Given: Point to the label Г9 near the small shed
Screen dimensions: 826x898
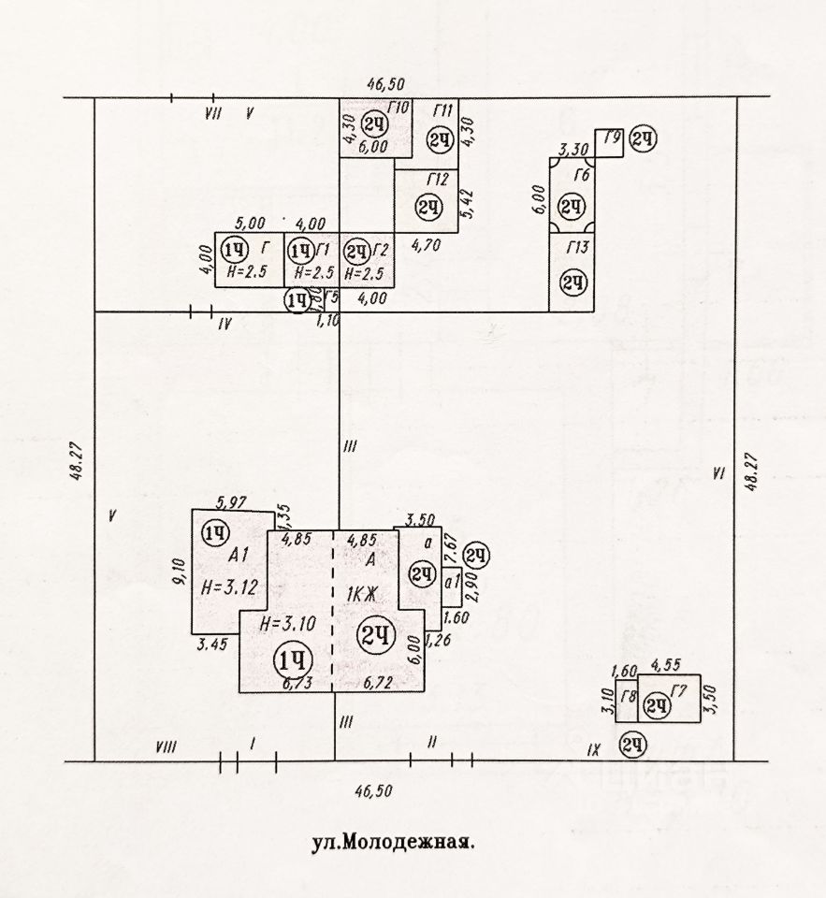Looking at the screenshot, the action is click(x=613, y=140).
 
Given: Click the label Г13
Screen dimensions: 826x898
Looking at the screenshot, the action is click(x=578, y=247).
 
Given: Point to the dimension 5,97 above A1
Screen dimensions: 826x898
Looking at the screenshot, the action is click(x=230, y=503).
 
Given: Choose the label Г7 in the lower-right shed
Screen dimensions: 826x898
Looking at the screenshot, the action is click(x=679, y=692).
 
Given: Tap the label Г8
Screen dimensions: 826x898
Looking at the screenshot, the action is click(x=629, y=697).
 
